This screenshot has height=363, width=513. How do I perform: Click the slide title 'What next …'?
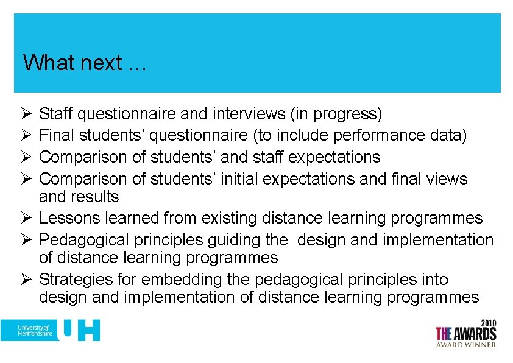coord(84,63)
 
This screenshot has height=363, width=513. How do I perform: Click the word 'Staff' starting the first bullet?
coord(56,114)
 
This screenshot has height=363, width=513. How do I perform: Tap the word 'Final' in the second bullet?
coord(57,135)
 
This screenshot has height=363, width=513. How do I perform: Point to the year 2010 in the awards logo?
coord(487,323)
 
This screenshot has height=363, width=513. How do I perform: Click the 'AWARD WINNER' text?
coord(466,344)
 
